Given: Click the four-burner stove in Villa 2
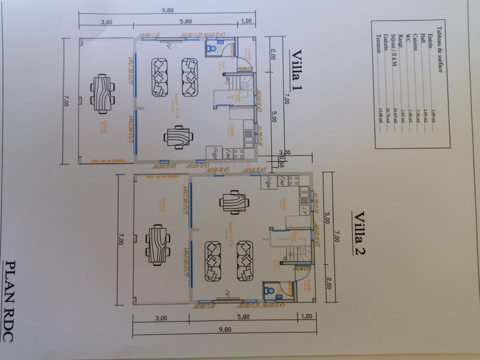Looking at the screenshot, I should coord(295,181).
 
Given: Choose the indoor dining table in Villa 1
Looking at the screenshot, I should coord(177,139).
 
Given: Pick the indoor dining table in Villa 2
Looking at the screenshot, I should coord(231,203).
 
